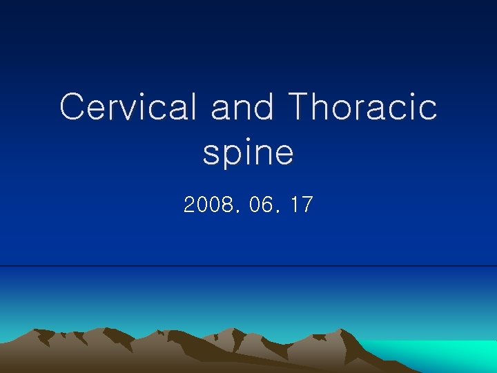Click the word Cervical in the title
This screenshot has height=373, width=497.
click(x=130, y=107)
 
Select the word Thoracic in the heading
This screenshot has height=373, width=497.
click(x=362, y=107)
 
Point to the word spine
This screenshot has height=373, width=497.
click(x=248, y=153)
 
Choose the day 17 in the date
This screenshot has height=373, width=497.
click(x=302, y=205)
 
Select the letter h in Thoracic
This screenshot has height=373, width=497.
click(x=323, y=107)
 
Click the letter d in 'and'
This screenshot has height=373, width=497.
click(x=266, y=107)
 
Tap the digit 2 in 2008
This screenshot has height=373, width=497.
click(x=190, y=205)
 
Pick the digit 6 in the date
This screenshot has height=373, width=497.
click(x=268, y=205)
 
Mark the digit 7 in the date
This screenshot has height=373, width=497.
click(x=308, y=205)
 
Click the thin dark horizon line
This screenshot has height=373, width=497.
click(x=248, y=266)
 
